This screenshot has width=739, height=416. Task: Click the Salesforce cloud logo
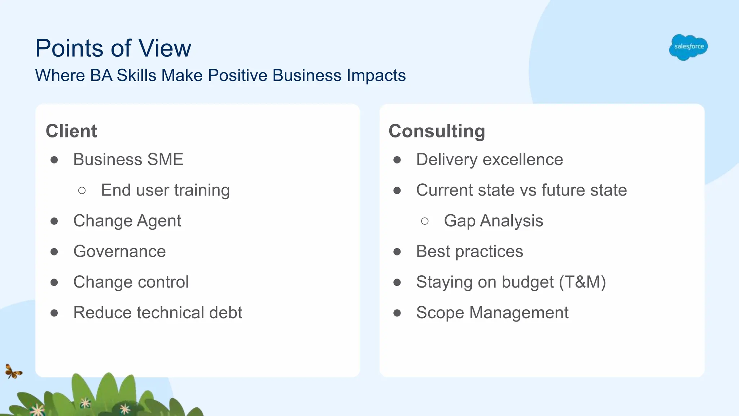[x=688, y=47]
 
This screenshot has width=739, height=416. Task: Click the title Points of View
[x=113, y=48]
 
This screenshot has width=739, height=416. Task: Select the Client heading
[x=71, y=131]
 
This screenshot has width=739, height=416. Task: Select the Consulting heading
[x=437, y=131]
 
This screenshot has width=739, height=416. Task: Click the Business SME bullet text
[x=128, y=159]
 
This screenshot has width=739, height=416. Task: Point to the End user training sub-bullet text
[x=165, y=190]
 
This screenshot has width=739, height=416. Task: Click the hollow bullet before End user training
[x=82, y=191]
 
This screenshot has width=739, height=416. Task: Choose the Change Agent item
[x=127, y=221]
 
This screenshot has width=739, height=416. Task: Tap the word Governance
[x=119, y=251]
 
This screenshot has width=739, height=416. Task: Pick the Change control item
[x=131, y=282]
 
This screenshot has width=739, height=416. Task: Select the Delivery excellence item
[x=489, y=159]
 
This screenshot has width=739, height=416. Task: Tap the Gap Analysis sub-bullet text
[x=493, y=221]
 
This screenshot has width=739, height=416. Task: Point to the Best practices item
[x=469, y=251]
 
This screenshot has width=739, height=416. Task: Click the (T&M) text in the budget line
[x=582, y=282]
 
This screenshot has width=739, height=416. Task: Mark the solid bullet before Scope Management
[x=397, y=313]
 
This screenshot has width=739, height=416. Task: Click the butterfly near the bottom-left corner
[x=13, y=371]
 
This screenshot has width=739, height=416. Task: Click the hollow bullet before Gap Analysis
[x=425, y=221]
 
